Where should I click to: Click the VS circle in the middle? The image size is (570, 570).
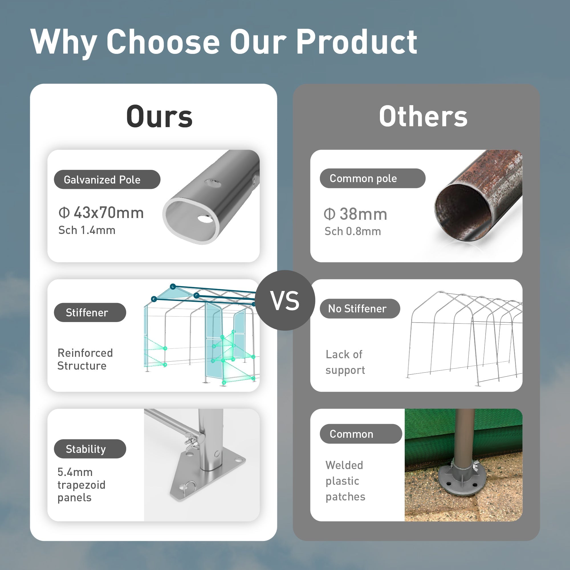[285, 300]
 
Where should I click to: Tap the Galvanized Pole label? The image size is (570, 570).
[107, 179]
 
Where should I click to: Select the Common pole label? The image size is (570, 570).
[372, 178]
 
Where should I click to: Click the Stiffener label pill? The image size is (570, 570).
[90, 312]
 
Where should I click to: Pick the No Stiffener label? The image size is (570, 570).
[360, 309]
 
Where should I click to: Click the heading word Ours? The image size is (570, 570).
[159, 117]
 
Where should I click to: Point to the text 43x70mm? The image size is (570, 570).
[109, 212]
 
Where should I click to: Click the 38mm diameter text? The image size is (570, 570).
[363, 214]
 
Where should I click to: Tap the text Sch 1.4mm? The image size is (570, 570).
[87, 230]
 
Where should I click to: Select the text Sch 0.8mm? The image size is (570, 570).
[353, 231]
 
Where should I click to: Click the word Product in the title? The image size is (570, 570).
[357, 42]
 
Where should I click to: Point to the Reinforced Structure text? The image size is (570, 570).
[85, 359]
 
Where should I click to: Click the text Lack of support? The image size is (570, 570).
[345, 362]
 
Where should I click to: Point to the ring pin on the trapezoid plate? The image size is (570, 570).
[189, 488]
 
